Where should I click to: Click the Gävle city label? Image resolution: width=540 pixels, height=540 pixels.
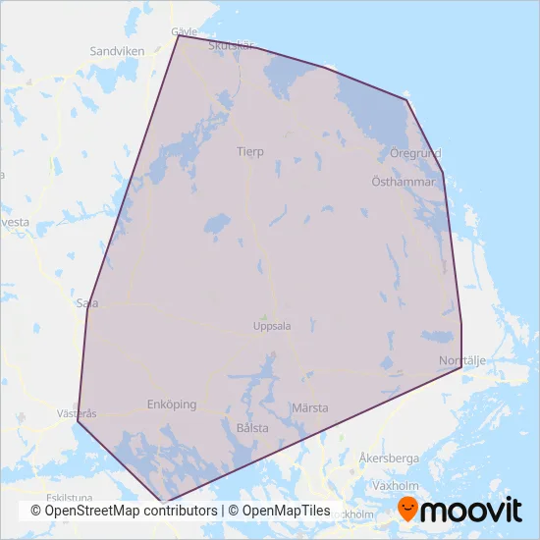(x=185, y=30)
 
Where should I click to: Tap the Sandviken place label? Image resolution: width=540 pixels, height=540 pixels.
(x=117, y=50)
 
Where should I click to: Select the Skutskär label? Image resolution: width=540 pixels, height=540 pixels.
(x=231, y=45)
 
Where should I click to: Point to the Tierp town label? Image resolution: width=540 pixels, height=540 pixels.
(x=250, y=152)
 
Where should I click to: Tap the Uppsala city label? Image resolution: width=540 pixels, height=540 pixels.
(x=272, y=327)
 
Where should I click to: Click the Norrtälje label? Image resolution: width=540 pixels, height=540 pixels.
(x=462, y=360)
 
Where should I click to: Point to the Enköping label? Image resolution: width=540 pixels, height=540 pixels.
(x=171, y=405)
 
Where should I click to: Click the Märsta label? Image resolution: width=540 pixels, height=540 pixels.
(x=309, y=407)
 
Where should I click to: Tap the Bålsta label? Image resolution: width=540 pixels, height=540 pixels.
(x=252, y=428)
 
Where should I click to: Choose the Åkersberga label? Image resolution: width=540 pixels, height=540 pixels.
(x=389, y=459)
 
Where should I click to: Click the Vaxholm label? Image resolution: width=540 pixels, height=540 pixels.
(x=396, y=486)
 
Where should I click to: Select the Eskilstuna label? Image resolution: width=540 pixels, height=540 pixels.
(x=61, y=498)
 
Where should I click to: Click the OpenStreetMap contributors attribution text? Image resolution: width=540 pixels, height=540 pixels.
(x=124, y=511)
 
